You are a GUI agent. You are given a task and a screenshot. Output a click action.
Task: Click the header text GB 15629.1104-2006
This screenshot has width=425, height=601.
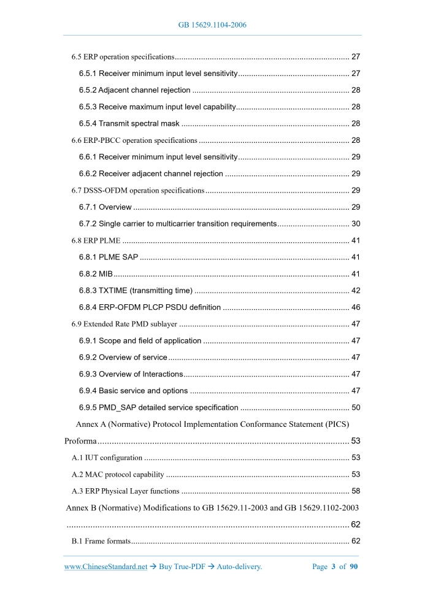[212, 25]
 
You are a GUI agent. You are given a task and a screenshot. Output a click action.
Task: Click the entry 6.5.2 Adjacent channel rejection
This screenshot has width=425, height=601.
[134, 90]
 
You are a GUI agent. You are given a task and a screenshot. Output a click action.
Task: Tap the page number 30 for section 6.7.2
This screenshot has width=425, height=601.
[355, 223]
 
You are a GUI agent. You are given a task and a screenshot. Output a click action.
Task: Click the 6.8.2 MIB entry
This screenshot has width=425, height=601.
[95, 273]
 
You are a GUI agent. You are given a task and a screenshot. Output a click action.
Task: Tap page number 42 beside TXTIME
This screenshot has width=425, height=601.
[355, 290]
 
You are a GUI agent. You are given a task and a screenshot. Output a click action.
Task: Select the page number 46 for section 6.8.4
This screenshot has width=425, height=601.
[355, 307]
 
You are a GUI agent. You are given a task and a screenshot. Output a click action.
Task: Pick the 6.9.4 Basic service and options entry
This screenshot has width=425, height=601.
[133, 391]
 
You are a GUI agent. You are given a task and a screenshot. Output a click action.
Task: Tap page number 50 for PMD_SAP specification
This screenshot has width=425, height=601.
[355, 407]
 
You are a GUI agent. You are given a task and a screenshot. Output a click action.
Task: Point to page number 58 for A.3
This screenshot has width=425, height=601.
[355, 491]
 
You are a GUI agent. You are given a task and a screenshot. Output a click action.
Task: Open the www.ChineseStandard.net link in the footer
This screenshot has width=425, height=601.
[105, 567]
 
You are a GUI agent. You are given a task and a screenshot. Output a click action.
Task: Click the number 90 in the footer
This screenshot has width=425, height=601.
[354, 567]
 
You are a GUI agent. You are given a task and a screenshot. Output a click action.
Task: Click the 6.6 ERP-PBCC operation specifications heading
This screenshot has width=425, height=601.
[134, 140]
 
